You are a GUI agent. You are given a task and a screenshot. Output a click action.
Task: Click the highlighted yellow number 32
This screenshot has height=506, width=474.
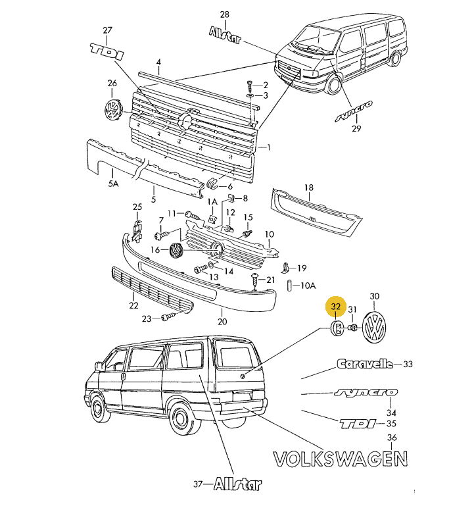coord(336,307)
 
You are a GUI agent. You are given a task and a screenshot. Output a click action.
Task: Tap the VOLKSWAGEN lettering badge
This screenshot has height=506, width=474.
coord(339,458)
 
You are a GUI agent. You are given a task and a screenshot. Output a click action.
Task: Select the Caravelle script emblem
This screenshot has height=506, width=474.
coord(364,363)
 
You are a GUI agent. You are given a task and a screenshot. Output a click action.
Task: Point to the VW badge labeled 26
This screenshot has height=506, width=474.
coord(114,110)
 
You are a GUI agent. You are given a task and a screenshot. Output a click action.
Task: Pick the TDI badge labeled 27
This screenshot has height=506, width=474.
coord(107,52)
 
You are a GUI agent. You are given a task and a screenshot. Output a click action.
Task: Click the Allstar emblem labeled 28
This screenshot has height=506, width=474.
coord(225,34)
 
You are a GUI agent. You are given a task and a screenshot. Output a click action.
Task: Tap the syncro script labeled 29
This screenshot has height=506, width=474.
coord(353,111)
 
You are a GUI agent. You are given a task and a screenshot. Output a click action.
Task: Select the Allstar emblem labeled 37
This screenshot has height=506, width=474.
coord(237,485)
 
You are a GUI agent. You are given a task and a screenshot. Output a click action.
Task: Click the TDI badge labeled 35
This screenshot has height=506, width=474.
coord(359,423)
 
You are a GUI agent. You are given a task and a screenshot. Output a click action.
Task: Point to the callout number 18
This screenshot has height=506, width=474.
coord(308,188)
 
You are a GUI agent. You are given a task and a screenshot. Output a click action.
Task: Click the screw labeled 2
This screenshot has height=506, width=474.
coord(250,85)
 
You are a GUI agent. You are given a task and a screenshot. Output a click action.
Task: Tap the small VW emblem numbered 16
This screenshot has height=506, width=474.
coord(176,250)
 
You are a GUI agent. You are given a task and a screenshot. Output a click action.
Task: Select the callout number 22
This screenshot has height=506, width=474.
coord(133,305)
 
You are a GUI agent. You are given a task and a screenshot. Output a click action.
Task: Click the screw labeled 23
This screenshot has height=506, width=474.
coord(166,318)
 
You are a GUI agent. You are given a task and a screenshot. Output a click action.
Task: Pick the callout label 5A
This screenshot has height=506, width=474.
coord(113,185)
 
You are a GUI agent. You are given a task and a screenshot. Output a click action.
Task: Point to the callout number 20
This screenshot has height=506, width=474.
coord(222,322)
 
